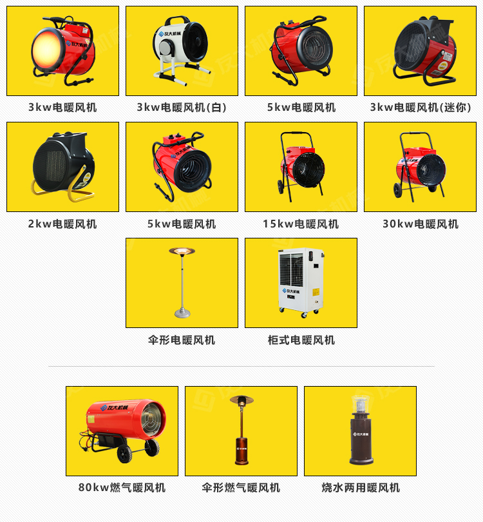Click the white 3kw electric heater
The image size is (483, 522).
[181, 50]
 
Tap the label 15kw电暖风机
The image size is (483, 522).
[300, 224]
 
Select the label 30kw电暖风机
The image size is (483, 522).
[420, 224]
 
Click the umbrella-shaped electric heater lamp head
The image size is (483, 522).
[182, 251]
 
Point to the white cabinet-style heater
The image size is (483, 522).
[299, 282]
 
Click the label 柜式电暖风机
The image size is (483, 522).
[301, 340]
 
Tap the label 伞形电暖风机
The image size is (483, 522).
[182, 340]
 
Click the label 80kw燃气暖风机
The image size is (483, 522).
[122, 488]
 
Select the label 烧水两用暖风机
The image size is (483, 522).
[361, 488]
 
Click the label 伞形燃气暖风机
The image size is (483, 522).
[241, 488]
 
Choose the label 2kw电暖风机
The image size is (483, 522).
[62, 224]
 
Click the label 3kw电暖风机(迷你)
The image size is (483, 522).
[420, 108]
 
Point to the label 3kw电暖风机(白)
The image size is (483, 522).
[182, 108]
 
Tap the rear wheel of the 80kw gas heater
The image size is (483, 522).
[152, 447]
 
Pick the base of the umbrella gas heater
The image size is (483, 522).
[241, 461]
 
